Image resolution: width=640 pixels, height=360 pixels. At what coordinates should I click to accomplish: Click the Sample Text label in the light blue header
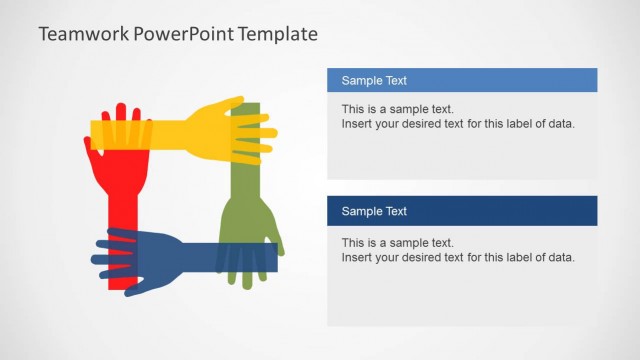pyautogui.click(x=374, y=81)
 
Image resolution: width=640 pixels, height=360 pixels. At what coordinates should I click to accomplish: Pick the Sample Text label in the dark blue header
pyautogui.click(x=374, y=211)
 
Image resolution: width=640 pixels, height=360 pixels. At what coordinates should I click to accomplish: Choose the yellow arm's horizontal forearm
pyautogui.click(x=150, y=132)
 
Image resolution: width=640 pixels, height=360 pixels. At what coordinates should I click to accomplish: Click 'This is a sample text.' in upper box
pyautogui.click(x=397, y=109)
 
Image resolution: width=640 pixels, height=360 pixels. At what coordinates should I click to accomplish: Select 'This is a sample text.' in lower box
pyautogui.click(x=397, y=242)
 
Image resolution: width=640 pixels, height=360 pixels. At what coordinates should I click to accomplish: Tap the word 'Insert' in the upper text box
pyautogui.click(x=357, y=124)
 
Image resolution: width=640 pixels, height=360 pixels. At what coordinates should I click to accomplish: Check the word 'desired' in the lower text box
pyautogui.click(x=433, y=257)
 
